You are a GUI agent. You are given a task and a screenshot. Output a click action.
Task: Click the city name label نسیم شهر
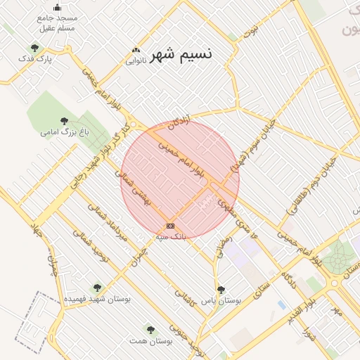click(180, 53)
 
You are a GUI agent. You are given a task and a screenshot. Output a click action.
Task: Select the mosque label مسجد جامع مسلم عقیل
click(57, 22)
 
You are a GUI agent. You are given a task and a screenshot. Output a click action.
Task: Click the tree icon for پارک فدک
click(34, 48)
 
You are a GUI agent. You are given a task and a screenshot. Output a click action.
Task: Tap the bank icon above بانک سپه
click(170, 226)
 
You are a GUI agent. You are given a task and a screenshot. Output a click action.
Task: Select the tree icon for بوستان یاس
click(221, 289)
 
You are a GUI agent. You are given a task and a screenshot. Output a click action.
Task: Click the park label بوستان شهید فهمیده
click(98, 298)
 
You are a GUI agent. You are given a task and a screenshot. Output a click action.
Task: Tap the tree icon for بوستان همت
click(149, 328)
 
